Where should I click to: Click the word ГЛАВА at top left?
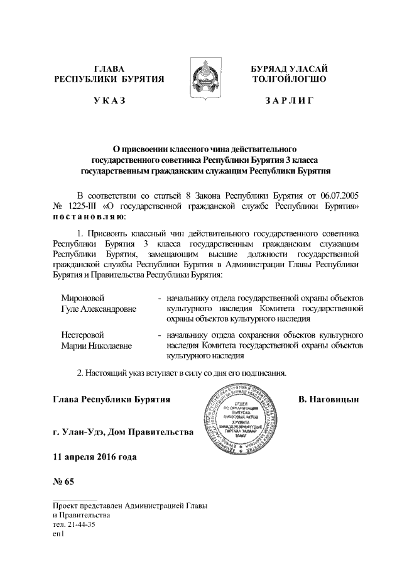[x=109, y=68]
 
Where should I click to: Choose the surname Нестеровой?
[x=82, y=334]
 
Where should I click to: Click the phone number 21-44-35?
[x=80, y=524]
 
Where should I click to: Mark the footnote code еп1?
[x=60, y=533]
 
